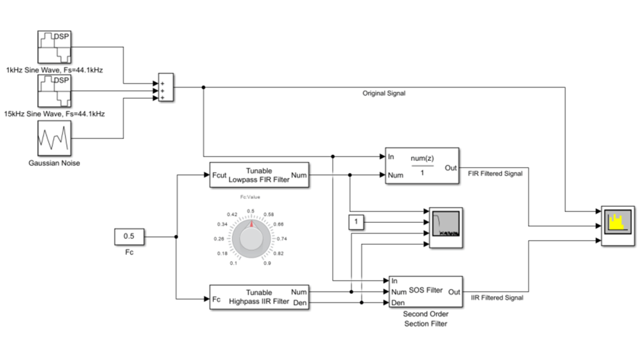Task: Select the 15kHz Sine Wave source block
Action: tap(55, 91)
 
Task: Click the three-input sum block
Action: tap(165, 90)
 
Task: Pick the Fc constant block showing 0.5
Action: tap(129, 237)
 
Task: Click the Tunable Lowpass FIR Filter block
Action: tap(259, 175)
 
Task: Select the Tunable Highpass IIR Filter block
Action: tap(259, 297)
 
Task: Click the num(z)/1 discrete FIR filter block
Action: tap(421, 166)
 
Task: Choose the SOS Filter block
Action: tap(425, 291)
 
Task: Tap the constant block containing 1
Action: tap(356, 222)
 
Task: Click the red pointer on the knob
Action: tap(251, 224)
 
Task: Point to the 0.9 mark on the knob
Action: tap(266, 263)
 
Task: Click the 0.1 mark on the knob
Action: tap(235, 263)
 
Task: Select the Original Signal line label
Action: tap(384, 94)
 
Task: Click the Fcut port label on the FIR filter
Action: tap(219, 175)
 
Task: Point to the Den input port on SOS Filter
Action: tap(397, 302)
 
